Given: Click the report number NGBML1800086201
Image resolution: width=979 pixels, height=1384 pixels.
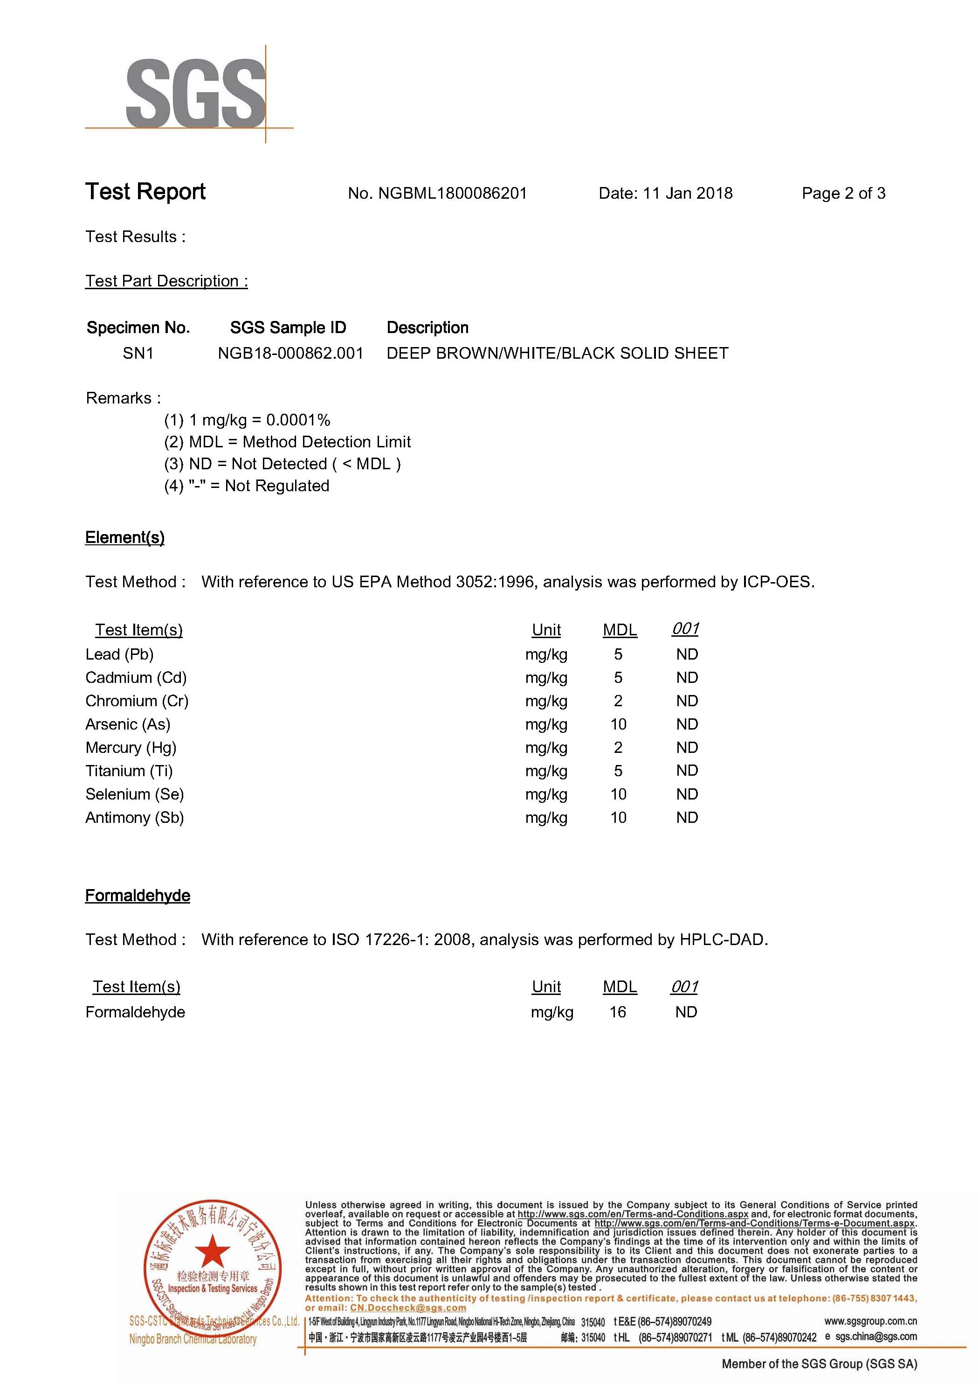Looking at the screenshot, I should pos(452,194).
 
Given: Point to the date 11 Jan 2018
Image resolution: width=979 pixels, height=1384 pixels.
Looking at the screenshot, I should pos(687,194).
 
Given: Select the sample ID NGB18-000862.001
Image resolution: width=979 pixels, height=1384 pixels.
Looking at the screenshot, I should pos(290,354).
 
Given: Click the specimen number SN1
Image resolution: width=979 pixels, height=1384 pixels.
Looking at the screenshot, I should pos(138,354).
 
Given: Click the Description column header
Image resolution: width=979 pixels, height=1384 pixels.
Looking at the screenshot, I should pos(427,327).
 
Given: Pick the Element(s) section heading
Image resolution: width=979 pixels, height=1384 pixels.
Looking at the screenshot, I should pos(125,537).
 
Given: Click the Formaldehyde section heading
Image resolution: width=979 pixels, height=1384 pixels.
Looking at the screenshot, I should pos(138,896).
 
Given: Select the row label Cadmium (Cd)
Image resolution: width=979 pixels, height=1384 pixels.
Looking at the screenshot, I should pos(136,678).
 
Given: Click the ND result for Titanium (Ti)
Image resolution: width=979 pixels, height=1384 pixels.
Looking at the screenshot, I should pos(687,771).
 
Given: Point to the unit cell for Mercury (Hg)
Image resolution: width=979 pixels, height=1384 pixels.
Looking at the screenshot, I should pos(546,748).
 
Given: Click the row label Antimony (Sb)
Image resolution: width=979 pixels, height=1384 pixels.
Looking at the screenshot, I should pos(134,818).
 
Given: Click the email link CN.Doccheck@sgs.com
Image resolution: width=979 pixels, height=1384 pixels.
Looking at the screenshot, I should pos(407,1307).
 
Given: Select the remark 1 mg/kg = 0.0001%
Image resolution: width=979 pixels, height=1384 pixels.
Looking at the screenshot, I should pos(259,420).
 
